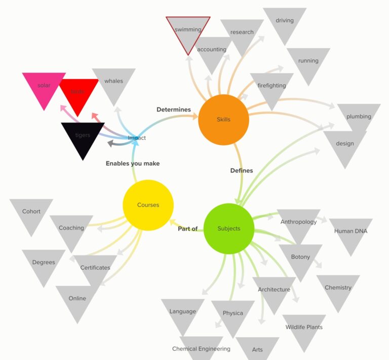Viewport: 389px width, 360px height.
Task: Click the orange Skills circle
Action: (223, 120)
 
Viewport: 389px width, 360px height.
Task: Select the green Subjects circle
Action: (228, 229)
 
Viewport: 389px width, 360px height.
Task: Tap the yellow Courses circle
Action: (148, 205)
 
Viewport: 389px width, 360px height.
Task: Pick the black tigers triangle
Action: (83, 136)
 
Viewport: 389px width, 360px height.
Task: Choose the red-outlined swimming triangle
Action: (188, 31)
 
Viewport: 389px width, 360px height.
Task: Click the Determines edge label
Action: (174, 109)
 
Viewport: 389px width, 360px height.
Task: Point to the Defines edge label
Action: (242, 170)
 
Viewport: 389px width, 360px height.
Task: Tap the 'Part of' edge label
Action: (187, 229)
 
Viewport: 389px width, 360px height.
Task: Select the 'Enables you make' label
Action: (133, 163)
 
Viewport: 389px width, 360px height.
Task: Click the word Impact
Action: (137, 138)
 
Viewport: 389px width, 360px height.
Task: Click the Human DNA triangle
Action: (351, 232)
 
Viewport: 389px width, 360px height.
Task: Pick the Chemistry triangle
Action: (338, 289)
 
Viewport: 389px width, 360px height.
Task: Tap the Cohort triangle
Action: (31, 212)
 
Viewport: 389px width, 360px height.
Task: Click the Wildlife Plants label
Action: (304, 327)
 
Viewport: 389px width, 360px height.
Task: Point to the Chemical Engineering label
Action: (201, 349)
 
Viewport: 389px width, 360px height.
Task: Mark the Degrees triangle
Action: (44, 263)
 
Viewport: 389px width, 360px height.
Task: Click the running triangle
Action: (308, 62)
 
